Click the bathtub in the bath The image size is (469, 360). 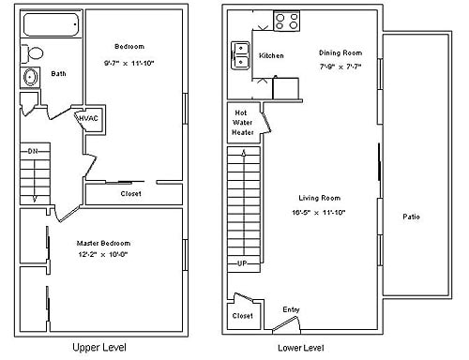51,25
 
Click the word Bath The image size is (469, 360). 58,73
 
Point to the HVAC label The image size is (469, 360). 89,117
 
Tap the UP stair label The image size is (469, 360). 241,262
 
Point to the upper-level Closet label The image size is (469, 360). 131,194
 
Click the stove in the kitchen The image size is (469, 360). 286,20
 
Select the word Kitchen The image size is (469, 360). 271,55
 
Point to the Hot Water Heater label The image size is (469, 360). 243,123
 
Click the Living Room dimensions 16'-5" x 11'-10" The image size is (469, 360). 319,212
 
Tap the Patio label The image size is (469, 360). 411,217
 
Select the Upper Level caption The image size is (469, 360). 101,347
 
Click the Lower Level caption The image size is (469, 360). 300,347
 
